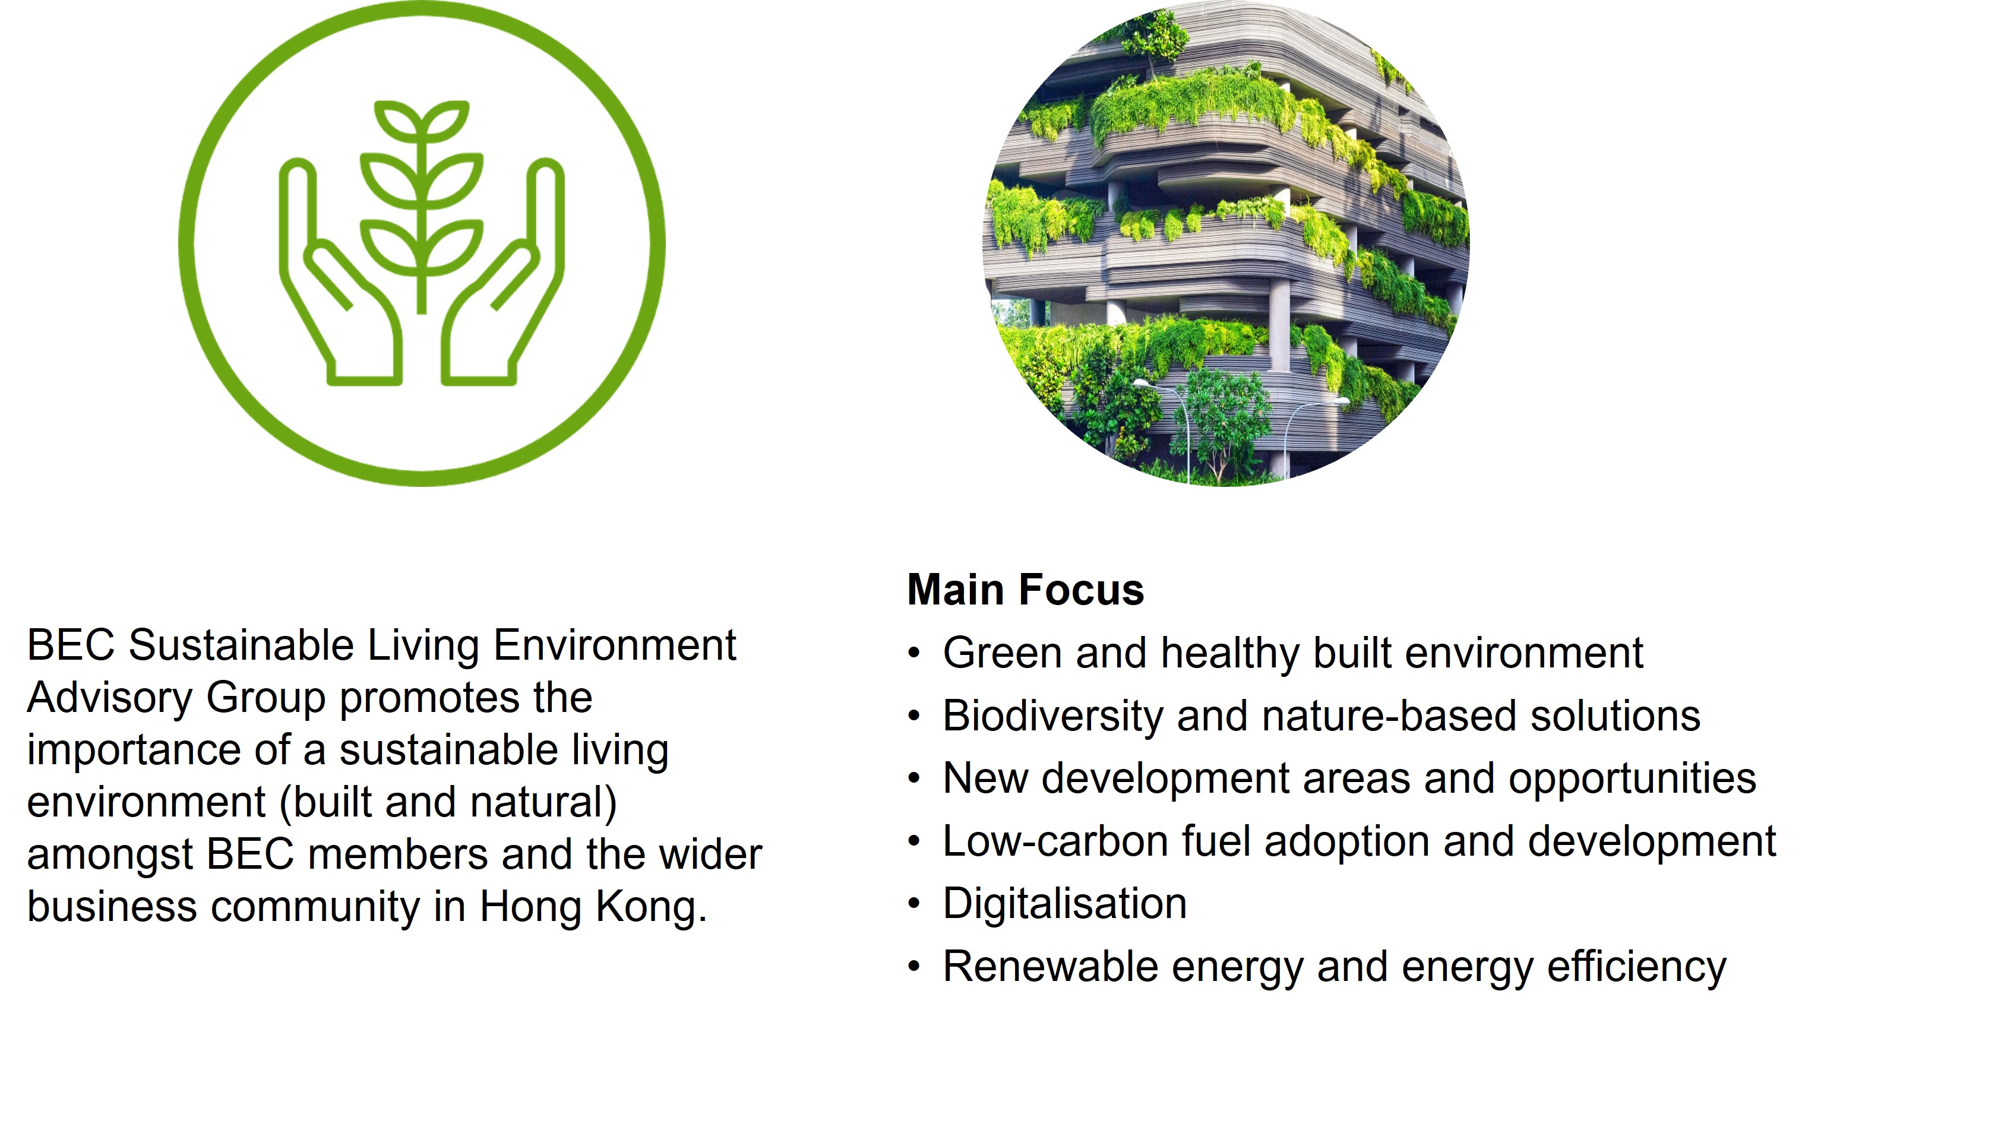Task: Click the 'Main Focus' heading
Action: click(x=1025, y=590)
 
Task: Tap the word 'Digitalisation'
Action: click(x=1064, y=903)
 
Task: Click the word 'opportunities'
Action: click(x=1632, y=779)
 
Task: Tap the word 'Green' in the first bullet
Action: click(x=1002, y=652)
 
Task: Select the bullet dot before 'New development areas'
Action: click(x=915, y=778)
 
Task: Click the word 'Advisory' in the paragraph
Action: click(x=109, y=698)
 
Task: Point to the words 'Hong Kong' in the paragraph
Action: click(x=594, y=907)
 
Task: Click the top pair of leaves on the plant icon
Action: click(x=422, y=121)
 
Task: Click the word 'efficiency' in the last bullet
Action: click(x=1636, y=967)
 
